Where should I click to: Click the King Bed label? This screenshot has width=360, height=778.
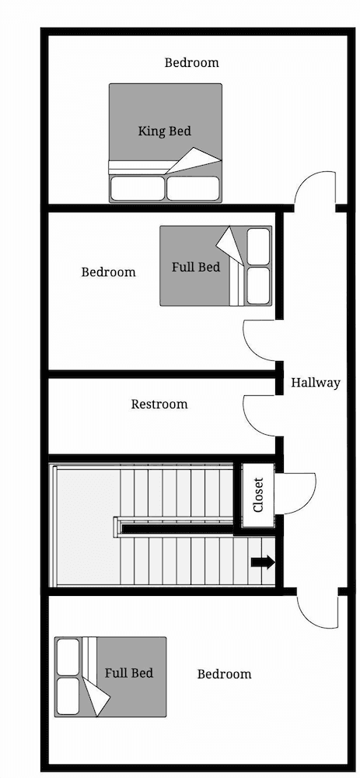(165, 131)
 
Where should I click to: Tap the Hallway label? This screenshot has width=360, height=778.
(316, 383)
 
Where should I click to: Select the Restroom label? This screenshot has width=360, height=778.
(159, 405)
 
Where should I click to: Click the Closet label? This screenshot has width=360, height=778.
(258, 495)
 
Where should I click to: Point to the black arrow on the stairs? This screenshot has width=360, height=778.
(262, 562)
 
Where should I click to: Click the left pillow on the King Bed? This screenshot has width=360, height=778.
(137, 188)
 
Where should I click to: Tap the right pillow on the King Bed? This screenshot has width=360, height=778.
(193, 188)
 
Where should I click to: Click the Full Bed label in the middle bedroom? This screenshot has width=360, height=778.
(196, 267)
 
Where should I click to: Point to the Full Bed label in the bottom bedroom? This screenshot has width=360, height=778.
(129, 673)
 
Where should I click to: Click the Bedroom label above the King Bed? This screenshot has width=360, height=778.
(191, 63)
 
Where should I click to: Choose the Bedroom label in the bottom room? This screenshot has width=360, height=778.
(224, 674)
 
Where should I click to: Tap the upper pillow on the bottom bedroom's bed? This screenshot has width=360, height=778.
(68, 657)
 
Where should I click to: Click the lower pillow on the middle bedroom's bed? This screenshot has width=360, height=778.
(258, 286)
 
